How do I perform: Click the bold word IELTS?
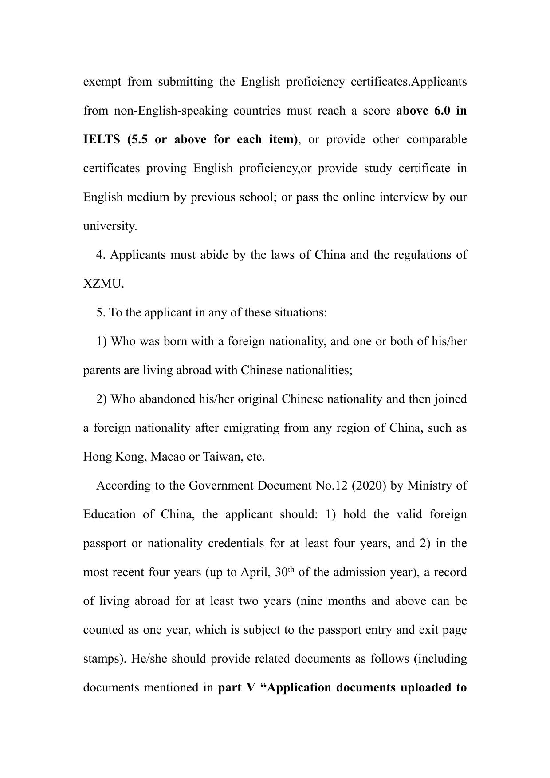pos(102,140)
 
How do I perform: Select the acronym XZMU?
pos(103,284)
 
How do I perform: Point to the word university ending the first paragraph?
pos(110,226)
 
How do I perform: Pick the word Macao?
pos(168,457)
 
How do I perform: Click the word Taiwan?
pos(221,457)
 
